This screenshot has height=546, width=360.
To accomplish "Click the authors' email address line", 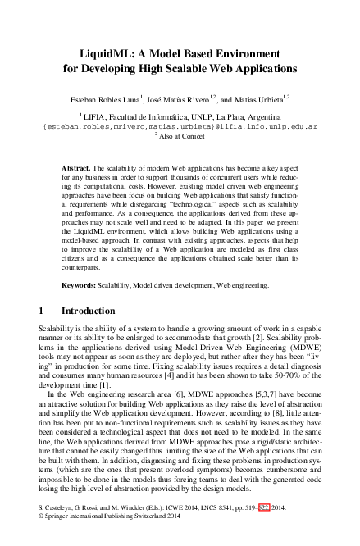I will click(180, 128).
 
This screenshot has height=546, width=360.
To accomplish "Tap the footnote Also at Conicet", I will click(182, 138).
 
